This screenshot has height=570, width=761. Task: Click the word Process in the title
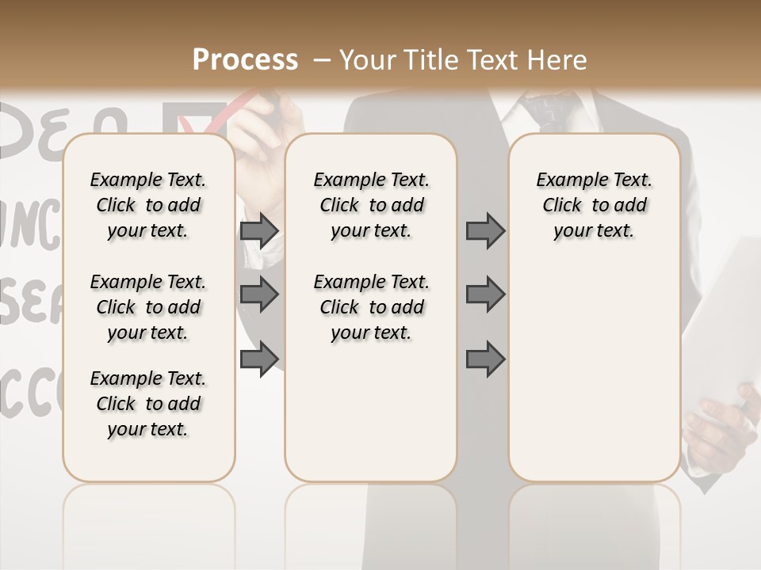tap(245, 60)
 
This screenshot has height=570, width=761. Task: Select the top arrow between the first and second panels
tap(259, 231)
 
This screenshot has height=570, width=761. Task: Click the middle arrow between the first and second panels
tap(259, 294)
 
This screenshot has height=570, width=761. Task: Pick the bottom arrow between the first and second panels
tap(259, 358)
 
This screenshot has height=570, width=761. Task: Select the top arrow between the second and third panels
tap(485, 231)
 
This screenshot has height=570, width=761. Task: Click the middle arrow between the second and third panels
tap(485, 294)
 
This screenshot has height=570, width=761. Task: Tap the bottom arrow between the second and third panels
tap(485, 359)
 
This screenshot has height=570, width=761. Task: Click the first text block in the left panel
tap(148, 205)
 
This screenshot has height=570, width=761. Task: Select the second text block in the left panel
tap(148, 307)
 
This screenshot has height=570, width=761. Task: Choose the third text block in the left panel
tap(148, 404)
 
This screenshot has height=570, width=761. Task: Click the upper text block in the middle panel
tap(371, 205)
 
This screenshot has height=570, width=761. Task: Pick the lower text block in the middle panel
tap(371, 307)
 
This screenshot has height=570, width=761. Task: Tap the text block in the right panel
tap(595, 205)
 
